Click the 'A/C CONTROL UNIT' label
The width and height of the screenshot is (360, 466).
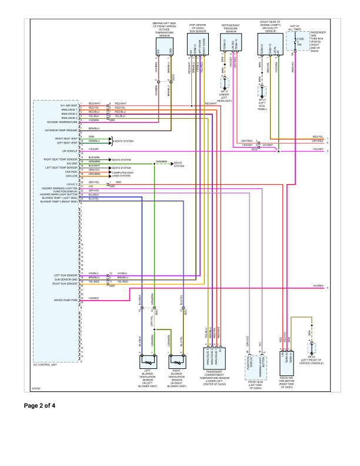tap(46, 365)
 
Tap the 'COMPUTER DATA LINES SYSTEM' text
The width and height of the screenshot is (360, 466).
tap(122, 174)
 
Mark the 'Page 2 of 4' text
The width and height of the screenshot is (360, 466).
tap(40, 405)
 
